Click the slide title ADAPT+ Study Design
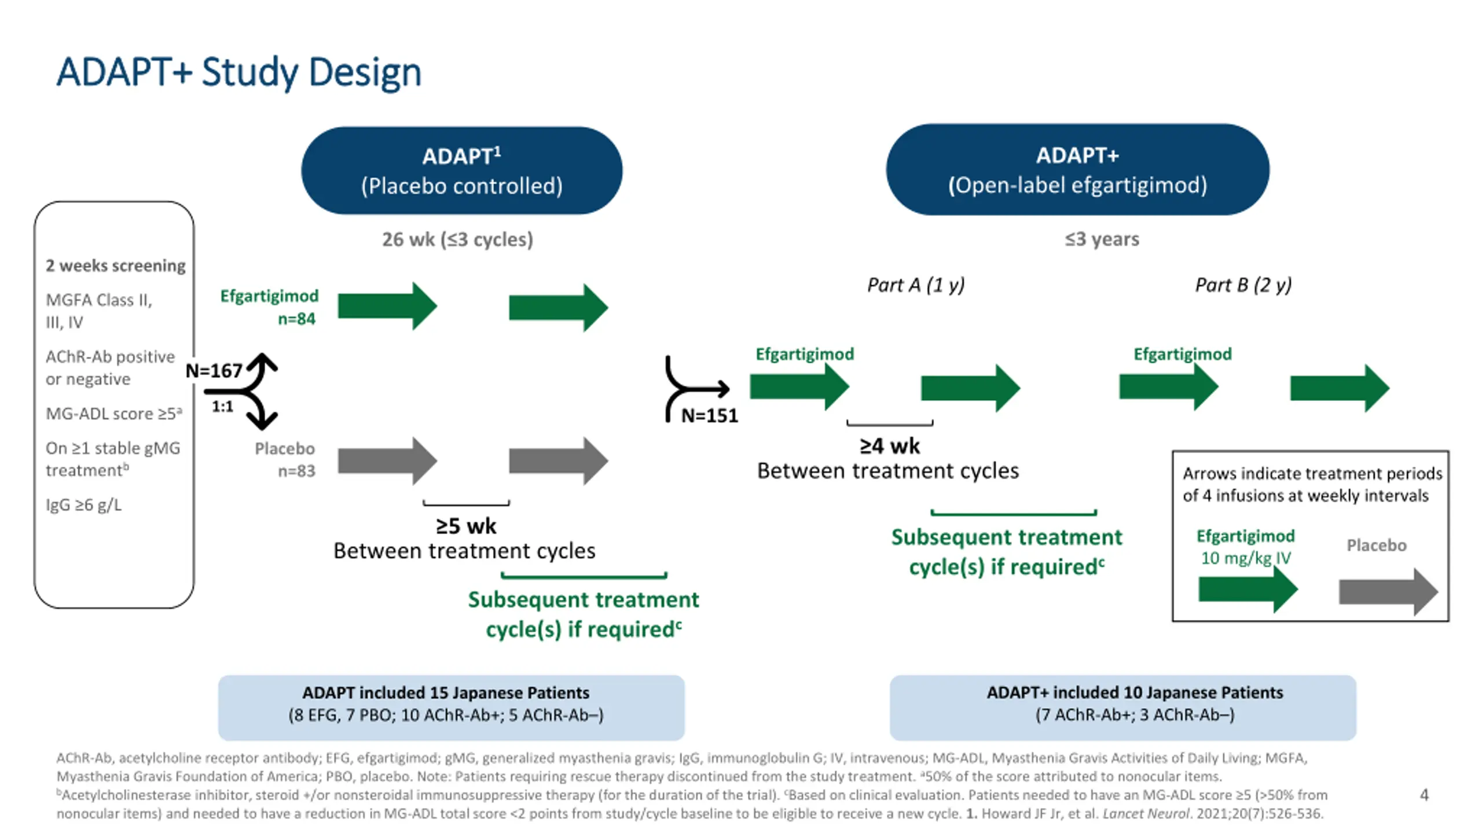pyautogui.click(x=239, y=72)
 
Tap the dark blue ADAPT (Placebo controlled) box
pyautogui.click(x=461, y=171)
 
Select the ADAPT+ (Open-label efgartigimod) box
pyautogui.click(x=1077, y=169)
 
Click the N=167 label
pyautogui.click(x=214, y=371)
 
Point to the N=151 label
pyautogui.click(x=709, y=415)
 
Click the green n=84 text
pyautogui.click(x=296, y=319)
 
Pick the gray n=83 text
pyautogui.click(x=296, y=471)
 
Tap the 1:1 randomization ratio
pyautogui.click(x=222, y=406)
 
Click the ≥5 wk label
pyautogui.click(x=466, y=526)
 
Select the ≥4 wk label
pyautogui.click(x=890, y=446)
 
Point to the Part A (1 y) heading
pyautogui.click(x=916, y=285)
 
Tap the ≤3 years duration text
pyautogui.click(x=1102, y=239)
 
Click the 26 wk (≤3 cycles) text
pyautogui.click(x=457, y=239)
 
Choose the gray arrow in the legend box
pyautogui.click(x=1388, y=592)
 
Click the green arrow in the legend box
pyautogui.click(x=1248, y=590)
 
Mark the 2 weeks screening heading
pyautogui.click(x=116, y=266)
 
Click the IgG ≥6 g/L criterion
pyautogui.click(x=84, y=505)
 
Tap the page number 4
pyautogui.click(x=1424, y=795)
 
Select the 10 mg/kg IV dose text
pyautogui.click(x=1245, y=558)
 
